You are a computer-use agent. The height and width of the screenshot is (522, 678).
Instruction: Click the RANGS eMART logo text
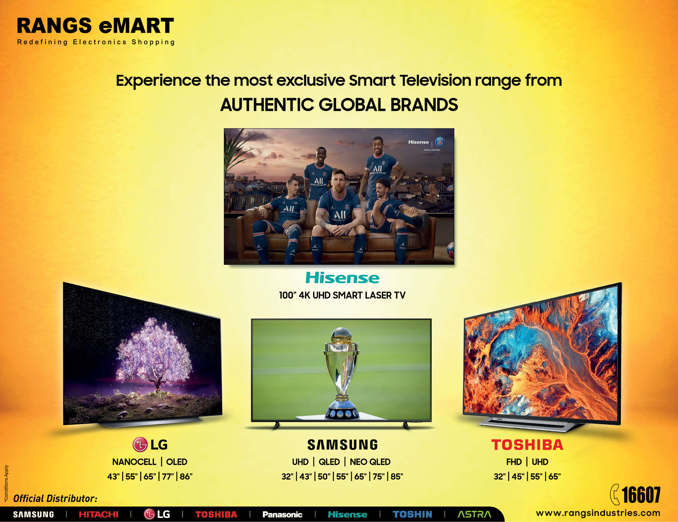coord(95,26)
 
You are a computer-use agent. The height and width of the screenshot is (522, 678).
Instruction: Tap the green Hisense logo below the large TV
coord(342,278)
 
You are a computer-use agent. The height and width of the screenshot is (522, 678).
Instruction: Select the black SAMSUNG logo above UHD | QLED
coord(342,445)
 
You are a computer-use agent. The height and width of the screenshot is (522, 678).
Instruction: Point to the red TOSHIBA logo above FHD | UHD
coord(527,445)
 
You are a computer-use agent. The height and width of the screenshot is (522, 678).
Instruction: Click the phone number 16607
coord(641,495)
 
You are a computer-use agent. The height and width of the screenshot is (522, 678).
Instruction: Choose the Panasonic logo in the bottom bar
coord(282,514)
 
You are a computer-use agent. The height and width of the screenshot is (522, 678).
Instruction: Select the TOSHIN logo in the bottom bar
coord(412,514)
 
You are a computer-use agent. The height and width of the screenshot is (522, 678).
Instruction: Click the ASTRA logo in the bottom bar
coord(474,514)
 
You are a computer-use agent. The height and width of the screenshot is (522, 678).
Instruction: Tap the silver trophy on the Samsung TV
coord(342,373)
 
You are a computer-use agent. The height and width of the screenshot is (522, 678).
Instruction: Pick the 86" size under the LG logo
coord(186,476)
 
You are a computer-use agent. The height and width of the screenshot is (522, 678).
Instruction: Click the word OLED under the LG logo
coord(177,462)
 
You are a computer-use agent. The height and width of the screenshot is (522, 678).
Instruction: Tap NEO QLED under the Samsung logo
coord(370,462)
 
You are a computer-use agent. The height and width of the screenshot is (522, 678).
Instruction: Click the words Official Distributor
coord(55,499)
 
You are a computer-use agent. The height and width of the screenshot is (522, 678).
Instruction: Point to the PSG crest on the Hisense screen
coord(440,142)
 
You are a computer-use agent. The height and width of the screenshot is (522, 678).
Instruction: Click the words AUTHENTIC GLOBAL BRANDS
coord(339,105)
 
